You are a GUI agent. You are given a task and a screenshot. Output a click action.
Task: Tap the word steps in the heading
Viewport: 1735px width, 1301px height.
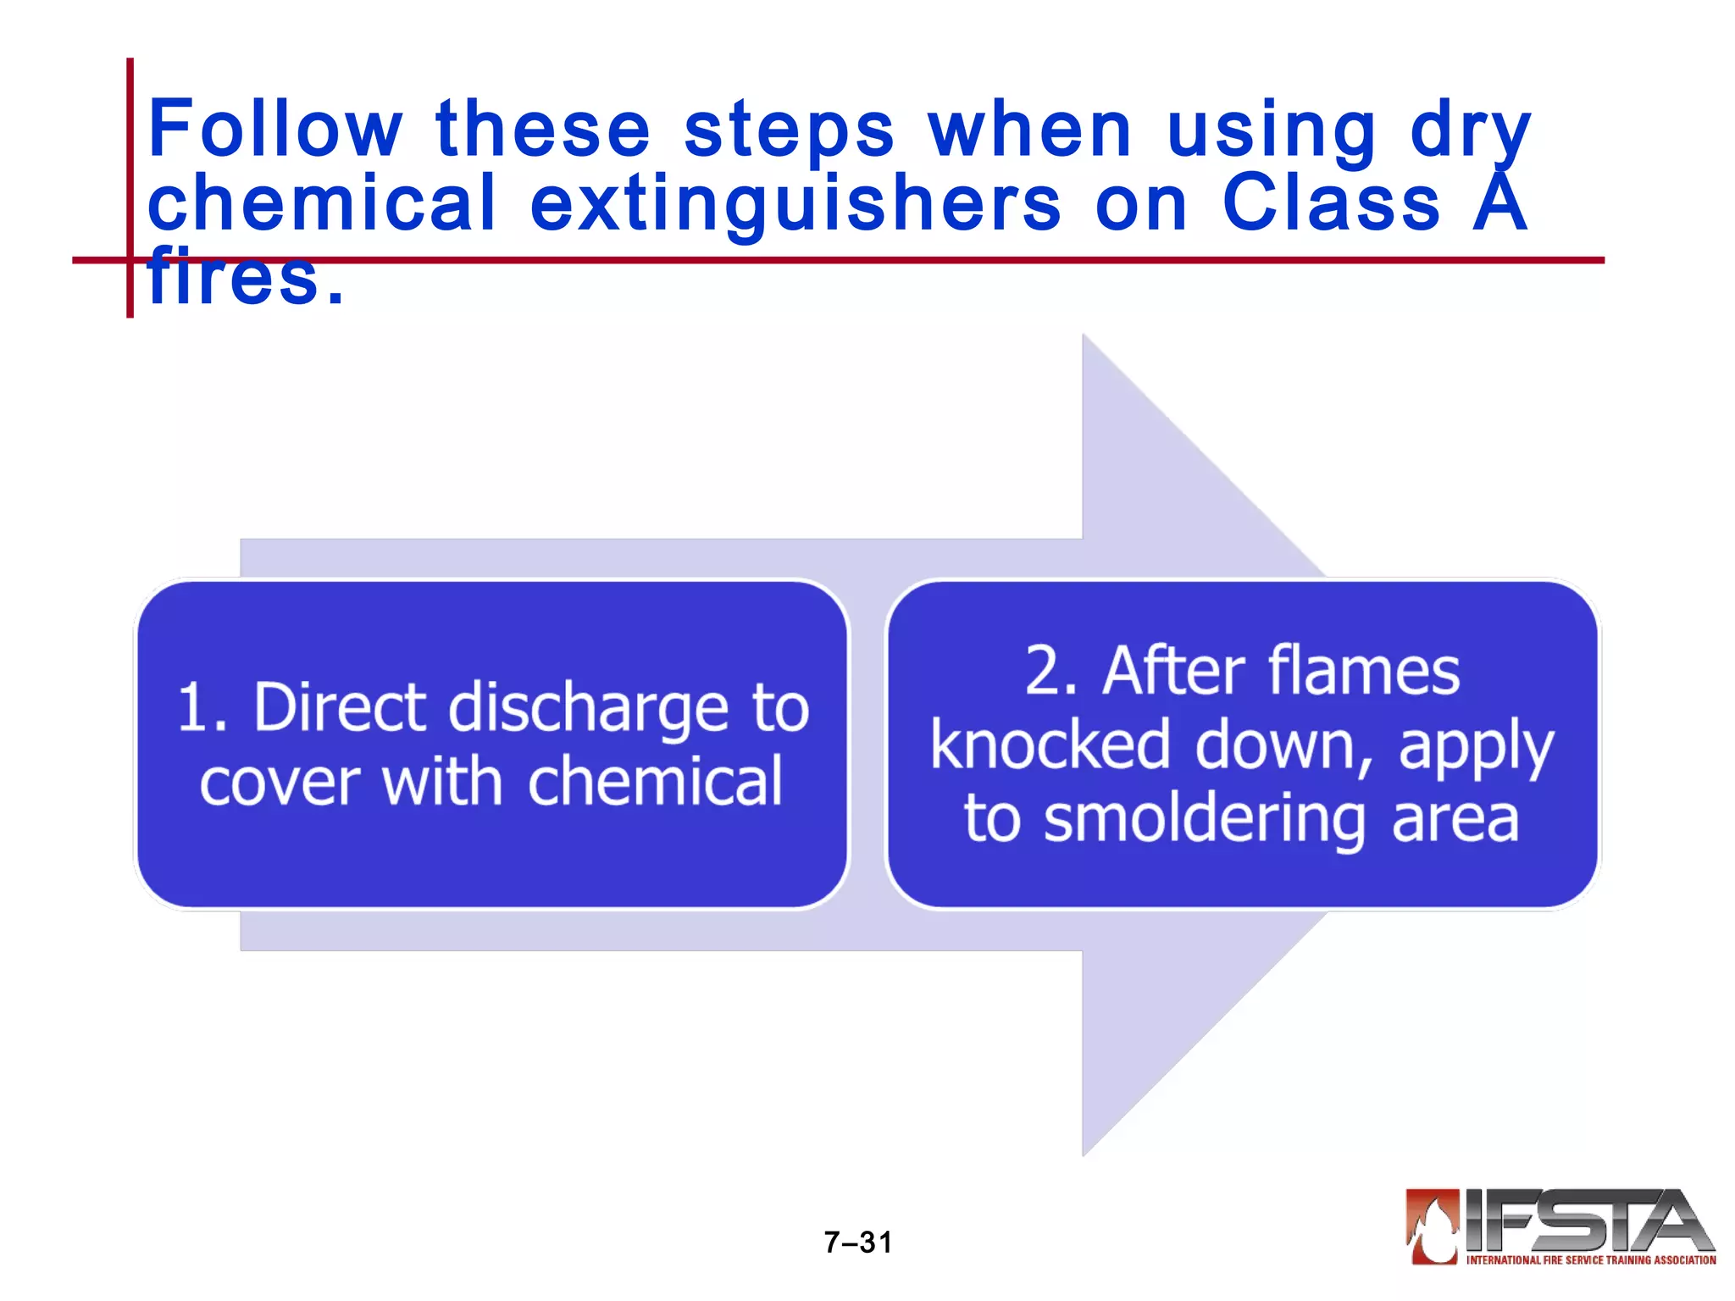click(x=789, y=130)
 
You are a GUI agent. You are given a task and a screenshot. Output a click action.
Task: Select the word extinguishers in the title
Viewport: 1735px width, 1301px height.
click(x=795, y=203)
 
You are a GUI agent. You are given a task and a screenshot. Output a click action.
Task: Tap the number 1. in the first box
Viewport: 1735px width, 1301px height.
click(x=202, y=707)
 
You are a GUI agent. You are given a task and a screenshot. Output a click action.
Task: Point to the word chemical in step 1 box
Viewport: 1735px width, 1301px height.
click(x=655, y=781)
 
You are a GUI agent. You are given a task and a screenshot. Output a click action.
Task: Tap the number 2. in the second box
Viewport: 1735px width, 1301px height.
click(x=1051, y=671)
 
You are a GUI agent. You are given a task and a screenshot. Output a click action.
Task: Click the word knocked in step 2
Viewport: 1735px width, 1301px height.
click(x=1050, y=745)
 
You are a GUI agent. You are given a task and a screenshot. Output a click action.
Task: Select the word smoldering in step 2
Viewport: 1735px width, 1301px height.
click(x=1204, y=820)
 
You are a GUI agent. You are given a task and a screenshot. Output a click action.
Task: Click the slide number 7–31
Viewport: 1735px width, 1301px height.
click(x=858, y=1243)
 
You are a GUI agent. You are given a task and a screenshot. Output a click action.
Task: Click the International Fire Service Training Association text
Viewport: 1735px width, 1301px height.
click(x=1591, y=1260)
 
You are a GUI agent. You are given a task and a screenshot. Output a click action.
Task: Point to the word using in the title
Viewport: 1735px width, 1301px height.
click(x=1272, y=132)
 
